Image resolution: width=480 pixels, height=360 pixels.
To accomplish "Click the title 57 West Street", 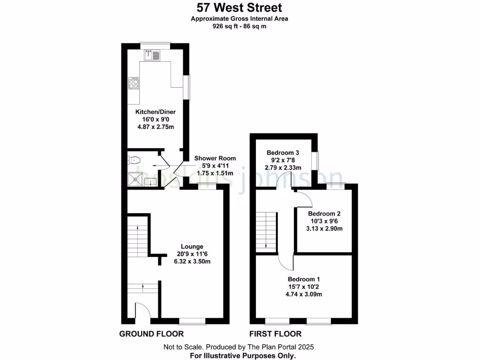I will click(239, 8).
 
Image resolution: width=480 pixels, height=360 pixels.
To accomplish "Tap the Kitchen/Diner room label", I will click(155, 112).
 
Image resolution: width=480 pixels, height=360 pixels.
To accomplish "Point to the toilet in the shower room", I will click(132, 160).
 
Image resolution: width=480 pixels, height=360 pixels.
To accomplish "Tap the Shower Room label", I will click(215, 158).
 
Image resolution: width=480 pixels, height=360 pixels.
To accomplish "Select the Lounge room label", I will click(192, 247).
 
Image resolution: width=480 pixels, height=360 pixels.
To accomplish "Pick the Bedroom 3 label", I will click(283, 153).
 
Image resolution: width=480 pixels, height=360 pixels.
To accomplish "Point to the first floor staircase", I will click(266, 230).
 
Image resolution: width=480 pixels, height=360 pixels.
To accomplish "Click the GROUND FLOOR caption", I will click(151, 334).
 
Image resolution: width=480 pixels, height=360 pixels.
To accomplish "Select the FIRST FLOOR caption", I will click(276, 334).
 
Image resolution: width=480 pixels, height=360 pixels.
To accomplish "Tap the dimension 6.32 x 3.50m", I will click(192, 262).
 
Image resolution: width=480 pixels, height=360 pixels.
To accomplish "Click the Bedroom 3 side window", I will click(317, 161).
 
